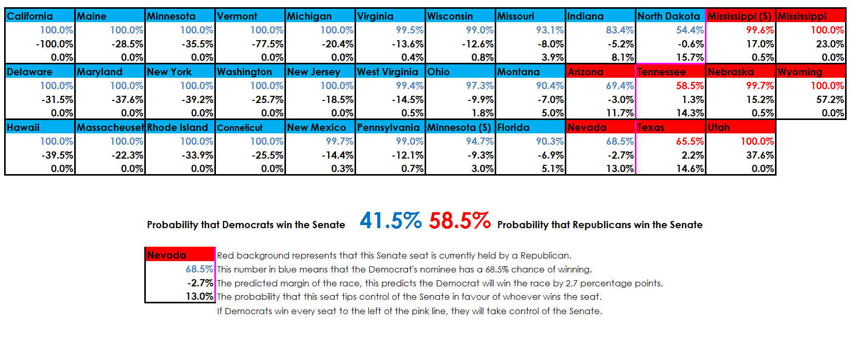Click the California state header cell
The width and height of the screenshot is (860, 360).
point(40,16)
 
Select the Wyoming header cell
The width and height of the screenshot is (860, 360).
point(811,72)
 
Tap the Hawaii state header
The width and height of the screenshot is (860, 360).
point(40,127)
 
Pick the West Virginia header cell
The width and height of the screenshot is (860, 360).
point(390,72)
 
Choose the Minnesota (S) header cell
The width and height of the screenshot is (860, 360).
point(460,127)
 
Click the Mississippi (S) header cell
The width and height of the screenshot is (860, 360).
point(740,16)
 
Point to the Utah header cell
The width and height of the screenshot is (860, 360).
point(740,127)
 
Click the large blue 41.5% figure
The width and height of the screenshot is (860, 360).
point(391,221)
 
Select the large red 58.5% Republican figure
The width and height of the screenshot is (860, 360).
point(460,221)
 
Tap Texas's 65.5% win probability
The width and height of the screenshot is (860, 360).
point(689,141)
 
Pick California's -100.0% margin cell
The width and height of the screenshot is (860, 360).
point(55,44)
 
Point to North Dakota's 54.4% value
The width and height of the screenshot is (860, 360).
point(689,30)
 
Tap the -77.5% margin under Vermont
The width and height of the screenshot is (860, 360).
point(268,44)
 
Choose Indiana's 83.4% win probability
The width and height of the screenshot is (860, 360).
point(619,30)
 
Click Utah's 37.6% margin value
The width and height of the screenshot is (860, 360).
point(760,155)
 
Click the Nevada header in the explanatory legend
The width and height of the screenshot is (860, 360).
point(179,255)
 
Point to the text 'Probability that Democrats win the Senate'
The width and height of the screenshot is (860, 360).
point(246,225)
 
